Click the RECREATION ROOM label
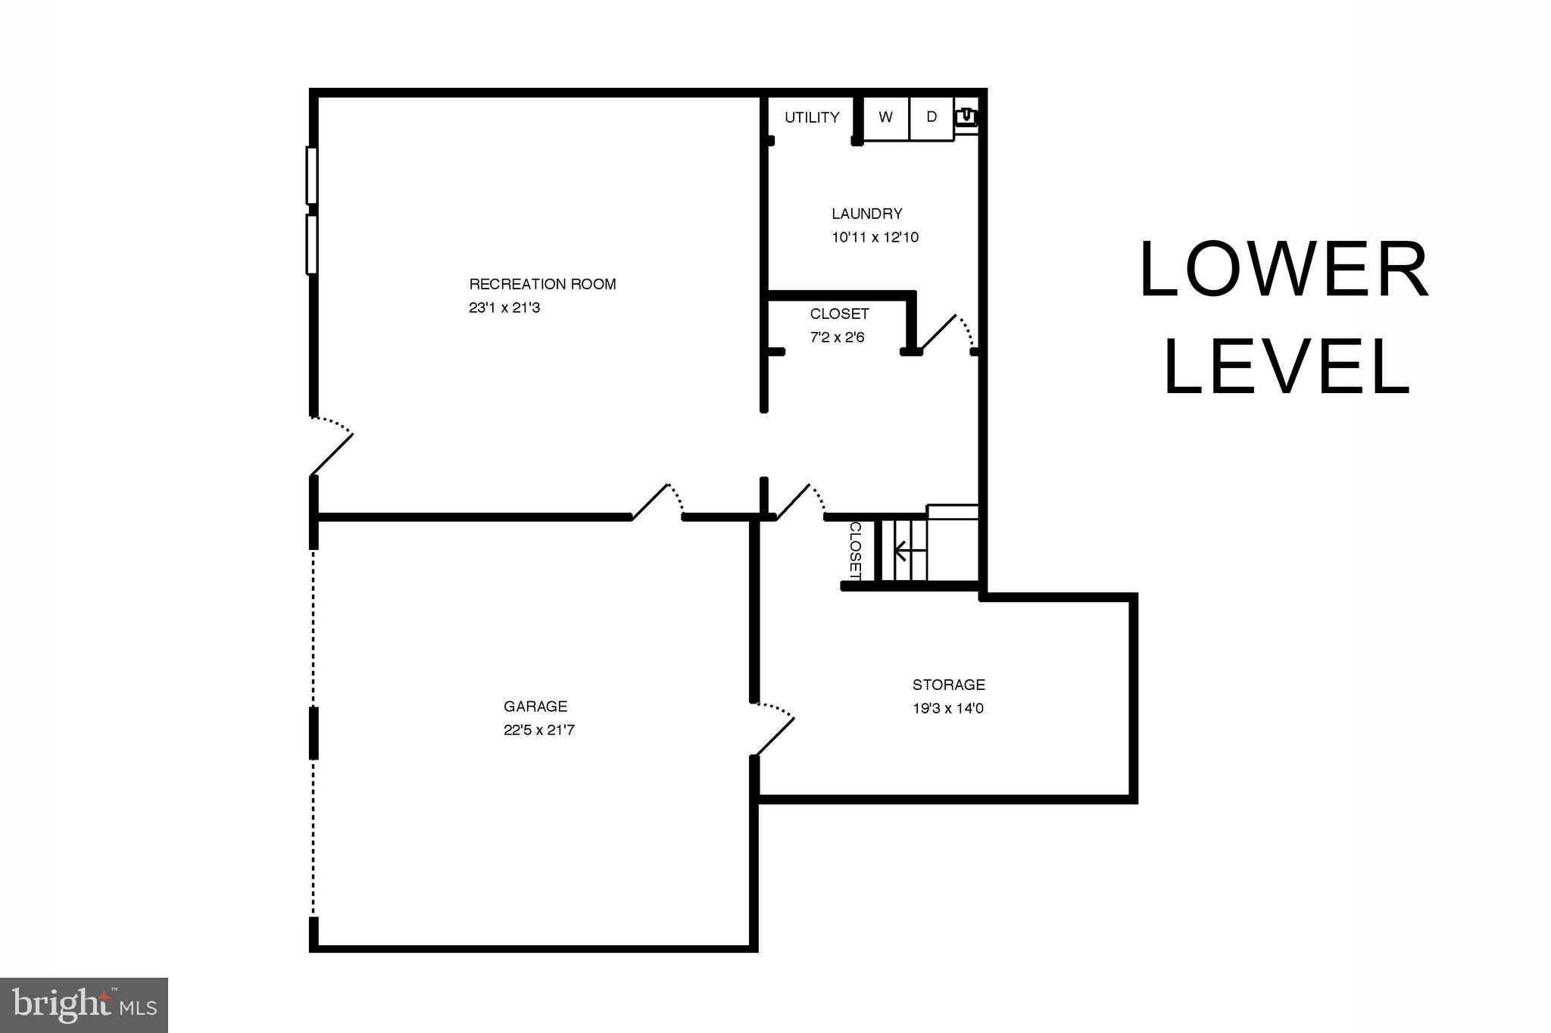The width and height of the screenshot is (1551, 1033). pos(542,284)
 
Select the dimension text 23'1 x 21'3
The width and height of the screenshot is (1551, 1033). pos(504,308)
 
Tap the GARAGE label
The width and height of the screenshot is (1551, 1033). pos(535,707)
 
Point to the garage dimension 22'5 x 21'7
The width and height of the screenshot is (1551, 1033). pos(539,731)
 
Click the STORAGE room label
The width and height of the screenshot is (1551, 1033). pos(948,685)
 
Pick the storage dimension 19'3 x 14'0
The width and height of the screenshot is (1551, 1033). pos(948,710)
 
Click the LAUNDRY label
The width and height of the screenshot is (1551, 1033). pos(866,214)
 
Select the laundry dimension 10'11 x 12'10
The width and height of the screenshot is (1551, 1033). pos(875,238)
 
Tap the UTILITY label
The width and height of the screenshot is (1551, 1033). pos(812,117)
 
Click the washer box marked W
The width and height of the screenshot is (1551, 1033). pos(885,117)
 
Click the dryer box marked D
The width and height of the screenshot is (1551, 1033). pos(932,117)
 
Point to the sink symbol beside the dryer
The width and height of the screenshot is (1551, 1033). pos(966,117)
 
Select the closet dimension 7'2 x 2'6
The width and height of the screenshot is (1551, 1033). pos(837,338)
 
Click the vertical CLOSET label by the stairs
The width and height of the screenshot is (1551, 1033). pos(855,551)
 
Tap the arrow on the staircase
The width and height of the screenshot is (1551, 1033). pos(901,550)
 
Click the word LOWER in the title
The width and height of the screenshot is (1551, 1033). pos(1284,270)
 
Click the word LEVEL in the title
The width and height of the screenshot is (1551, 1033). pos(1286,367)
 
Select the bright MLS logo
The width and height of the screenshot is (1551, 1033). pos(84,1005)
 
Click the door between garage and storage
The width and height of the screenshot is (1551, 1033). pos(774,731)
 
